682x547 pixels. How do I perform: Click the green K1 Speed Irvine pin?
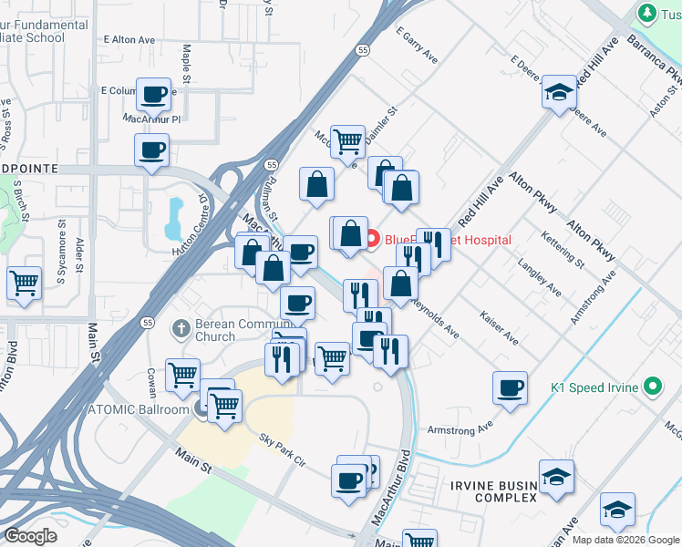651,387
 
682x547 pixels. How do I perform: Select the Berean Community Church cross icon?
181,327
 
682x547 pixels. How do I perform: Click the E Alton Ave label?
130,40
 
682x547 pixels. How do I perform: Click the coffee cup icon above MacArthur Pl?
154,93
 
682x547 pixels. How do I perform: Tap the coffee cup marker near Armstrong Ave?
510,387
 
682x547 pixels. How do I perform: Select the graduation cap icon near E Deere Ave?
559,91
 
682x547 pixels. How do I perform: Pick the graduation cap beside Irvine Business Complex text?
556,477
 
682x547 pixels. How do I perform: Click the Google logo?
30,536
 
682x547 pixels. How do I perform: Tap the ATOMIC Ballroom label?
138,408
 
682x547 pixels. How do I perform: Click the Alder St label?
79,254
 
